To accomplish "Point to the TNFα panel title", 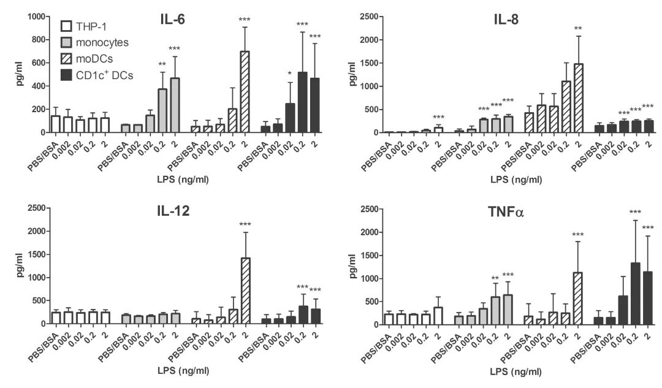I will tap(506, 212).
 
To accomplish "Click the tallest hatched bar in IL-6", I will tap(245, 92).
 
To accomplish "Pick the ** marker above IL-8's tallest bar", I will tap(578, 29).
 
